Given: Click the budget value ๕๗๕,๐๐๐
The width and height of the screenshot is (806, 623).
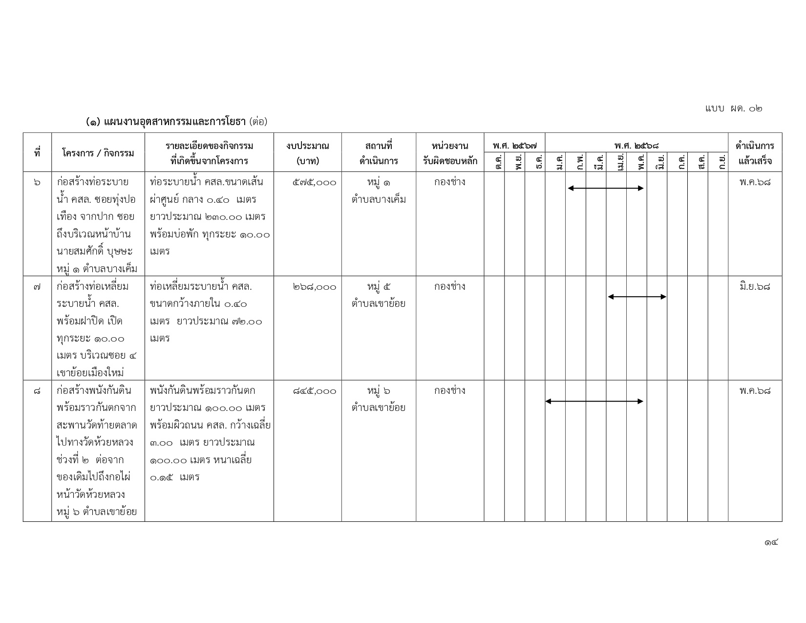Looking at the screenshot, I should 315,183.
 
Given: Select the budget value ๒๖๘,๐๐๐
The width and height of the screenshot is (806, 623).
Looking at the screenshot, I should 315,287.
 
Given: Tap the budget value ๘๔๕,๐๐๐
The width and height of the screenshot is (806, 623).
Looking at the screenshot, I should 315,391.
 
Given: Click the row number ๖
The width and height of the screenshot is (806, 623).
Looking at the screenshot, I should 37,183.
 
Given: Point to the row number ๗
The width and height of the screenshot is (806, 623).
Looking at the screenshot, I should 37,287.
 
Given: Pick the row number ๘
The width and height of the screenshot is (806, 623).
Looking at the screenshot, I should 37,391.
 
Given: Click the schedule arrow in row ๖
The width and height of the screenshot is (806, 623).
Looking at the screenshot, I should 606,188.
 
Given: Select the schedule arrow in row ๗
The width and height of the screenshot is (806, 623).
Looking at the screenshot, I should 637,297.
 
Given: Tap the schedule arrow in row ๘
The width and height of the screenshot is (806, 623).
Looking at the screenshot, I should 594,401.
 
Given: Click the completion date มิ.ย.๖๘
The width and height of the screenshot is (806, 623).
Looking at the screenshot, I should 755,287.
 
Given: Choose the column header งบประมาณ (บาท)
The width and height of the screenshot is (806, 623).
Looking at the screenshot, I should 308,153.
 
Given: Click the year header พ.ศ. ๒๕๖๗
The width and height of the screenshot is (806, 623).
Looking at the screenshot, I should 514,145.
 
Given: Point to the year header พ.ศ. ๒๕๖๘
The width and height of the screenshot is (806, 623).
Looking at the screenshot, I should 636,145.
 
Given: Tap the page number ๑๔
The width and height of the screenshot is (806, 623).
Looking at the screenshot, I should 771,542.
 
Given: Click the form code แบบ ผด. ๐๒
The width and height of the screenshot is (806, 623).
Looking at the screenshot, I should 733,108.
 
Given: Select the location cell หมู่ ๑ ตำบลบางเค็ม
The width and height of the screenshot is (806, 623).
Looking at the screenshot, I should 379,191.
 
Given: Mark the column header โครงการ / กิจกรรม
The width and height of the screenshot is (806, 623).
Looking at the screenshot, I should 98,153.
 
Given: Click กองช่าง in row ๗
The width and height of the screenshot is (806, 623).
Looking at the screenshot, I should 449,287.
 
